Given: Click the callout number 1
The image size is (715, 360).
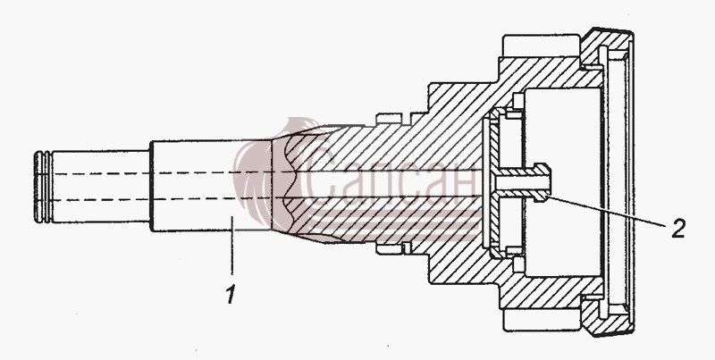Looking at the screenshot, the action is (231, 294).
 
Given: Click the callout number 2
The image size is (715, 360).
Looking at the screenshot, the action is (678, 229).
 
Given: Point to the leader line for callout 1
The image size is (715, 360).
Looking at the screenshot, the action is (232, 246).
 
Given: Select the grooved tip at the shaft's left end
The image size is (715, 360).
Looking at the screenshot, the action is (43, 187).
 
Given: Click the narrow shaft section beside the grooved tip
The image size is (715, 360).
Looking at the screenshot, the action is (101, 187).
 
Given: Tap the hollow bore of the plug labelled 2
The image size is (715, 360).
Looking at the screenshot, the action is (523, 183).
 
